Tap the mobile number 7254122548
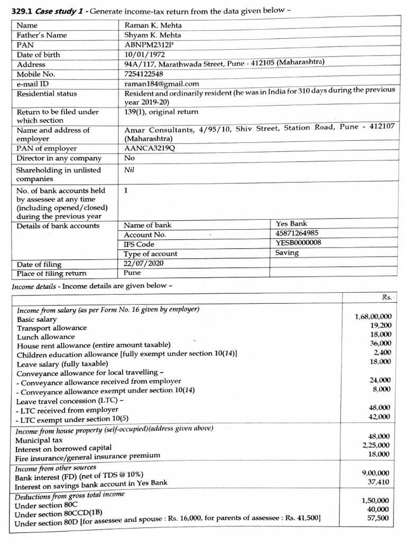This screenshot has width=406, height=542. [143, 74]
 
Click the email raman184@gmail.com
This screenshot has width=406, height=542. [161, 84]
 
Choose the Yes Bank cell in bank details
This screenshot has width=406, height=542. [291, 224]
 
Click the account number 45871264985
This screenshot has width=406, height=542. [298, 233]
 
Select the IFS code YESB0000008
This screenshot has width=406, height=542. [298, 243]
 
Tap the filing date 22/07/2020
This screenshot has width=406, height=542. [143, 264]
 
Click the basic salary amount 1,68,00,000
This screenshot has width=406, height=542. [373, 317]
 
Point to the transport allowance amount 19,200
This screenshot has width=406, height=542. [381, 326]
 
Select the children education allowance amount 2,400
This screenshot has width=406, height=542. [382, 353]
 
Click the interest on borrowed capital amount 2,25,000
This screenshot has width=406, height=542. [377, 445]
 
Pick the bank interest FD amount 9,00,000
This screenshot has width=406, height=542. [377, 473]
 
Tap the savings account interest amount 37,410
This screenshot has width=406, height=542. [380, 482]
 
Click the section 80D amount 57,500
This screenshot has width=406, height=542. [380, 518]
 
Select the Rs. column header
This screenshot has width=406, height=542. [386, 297]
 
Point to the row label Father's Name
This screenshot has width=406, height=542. [42, 35]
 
